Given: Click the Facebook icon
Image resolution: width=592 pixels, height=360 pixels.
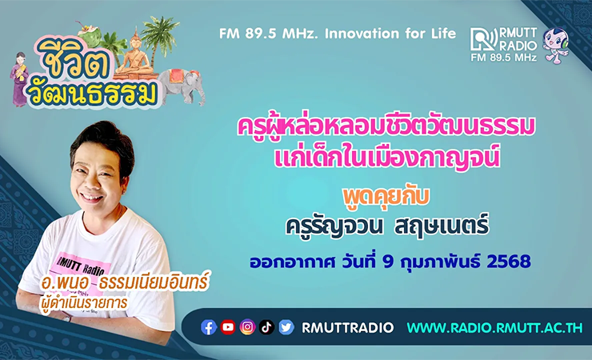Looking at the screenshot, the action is tap(209, 327).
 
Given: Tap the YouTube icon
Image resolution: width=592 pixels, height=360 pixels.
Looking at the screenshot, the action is tap(228, 327).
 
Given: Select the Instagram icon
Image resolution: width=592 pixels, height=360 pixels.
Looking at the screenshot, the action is tap(248, 327).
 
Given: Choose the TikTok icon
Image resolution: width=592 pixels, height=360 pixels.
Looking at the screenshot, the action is tap(266, 327).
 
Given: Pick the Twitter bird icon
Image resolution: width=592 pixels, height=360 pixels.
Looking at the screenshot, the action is tap(286, 327).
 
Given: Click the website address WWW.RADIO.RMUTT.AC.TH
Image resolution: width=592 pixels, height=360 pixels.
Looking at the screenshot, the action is tap(494, 327).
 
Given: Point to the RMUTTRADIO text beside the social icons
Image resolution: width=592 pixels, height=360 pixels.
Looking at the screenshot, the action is tap(347, 327).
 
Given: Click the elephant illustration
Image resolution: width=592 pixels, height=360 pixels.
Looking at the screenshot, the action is tap(182, 86).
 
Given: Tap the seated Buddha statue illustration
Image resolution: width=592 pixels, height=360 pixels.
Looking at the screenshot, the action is tap(135, 54).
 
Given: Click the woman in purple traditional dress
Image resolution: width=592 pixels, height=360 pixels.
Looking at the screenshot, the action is tap(19, 79).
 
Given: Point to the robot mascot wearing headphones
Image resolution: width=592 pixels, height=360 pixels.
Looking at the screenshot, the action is tap(555, 46).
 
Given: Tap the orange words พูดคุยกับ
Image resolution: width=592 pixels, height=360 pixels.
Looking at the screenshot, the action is tap(386, 197).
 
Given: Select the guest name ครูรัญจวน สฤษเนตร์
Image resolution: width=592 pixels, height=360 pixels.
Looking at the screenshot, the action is tap(387, 226).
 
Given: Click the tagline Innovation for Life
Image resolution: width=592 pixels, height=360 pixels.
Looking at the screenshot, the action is tap(390, 34).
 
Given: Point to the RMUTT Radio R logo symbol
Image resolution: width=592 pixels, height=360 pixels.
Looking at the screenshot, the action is tap(484, 39).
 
